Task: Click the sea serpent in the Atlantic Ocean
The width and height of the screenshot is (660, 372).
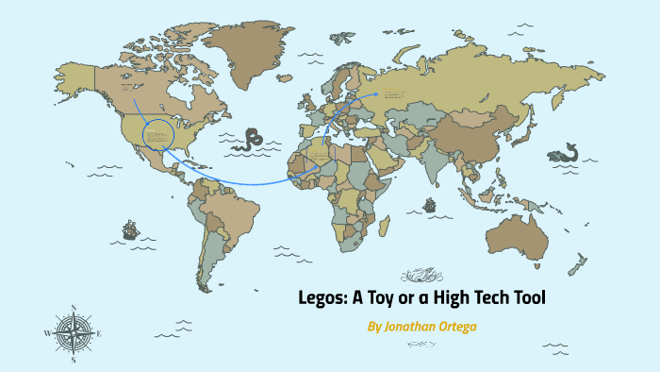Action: tap(252, 140)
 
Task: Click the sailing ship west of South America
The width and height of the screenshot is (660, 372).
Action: tap(129, 228)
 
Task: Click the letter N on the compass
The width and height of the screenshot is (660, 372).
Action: tap(73, 307)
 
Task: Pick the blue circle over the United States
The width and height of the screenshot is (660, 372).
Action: tap(159, 134)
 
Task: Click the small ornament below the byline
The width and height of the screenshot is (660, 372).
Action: tap(422, 345)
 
